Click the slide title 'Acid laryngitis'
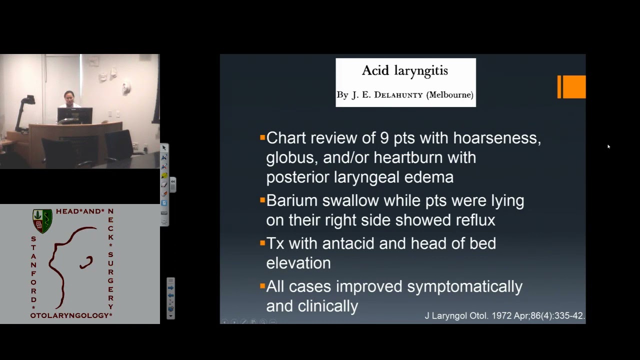[x=405, y=70]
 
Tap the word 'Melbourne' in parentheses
[x=449, y=95]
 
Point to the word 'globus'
[x=290, y=158]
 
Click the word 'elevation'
[x=298, y=263]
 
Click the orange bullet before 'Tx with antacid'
[x=262, y=243]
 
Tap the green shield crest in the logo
[x=42, y=221]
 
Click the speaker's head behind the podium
[x=68, y=96]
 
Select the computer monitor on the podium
[x=74, y=115]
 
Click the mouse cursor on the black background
[x=608, y=146]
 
